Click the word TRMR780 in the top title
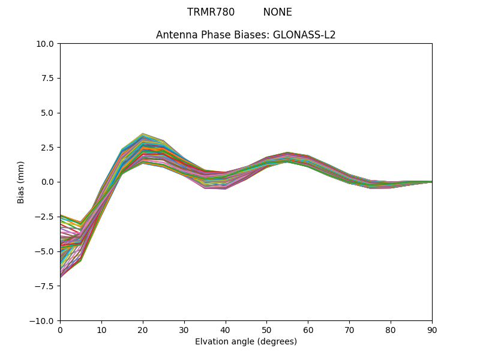(x=211, y=12)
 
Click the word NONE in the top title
(x=277, y=12)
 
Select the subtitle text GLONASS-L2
(x=304, y=35)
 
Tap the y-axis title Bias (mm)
(x=21, y=182)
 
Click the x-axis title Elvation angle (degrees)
(x=246, y=341)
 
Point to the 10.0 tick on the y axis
(x=48, y=44)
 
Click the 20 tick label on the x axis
(x=143, y=329)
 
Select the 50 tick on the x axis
(x=266, y=329)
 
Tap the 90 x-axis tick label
(x=432, y=329)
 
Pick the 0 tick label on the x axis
(x=60, y=329)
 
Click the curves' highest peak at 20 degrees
(x=143, y=134)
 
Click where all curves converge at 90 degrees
(x=431, y=182)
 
